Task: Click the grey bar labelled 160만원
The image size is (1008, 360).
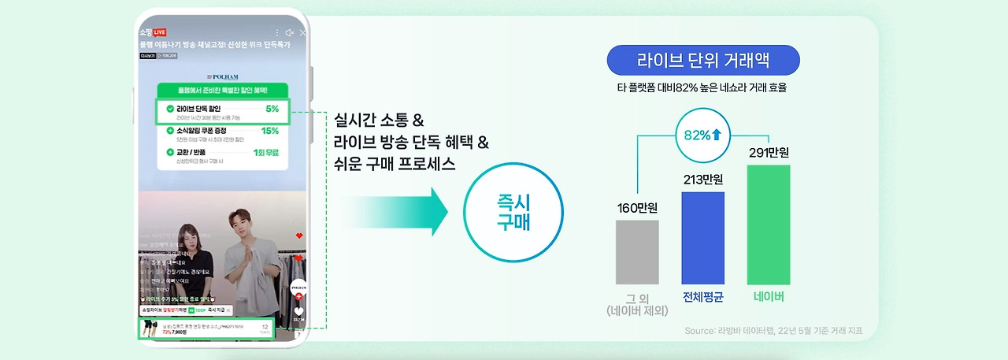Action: pos(637,252)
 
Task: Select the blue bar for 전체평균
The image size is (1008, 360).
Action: pos(702,238)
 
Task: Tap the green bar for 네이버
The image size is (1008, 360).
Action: pos(768,225)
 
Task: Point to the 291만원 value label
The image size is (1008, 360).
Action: pos(769,152)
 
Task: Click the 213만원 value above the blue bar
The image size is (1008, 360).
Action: pos(702,180)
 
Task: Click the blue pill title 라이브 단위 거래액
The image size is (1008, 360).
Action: pos(702,61)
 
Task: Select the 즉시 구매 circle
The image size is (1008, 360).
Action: pos(513,211)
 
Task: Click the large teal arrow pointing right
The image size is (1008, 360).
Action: pos(394,211)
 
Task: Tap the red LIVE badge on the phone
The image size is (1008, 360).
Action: pos(159,32)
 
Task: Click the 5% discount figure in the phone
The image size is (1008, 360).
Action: pos(272,109)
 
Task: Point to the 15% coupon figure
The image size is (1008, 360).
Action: pos(270,131)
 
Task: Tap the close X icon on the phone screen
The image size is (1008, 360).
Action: pos(303,32)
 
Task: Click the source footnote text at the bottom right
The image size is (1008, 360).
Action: pos(773,331)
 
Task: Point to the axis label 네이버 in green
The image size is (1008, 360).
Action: pos(769,297)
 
